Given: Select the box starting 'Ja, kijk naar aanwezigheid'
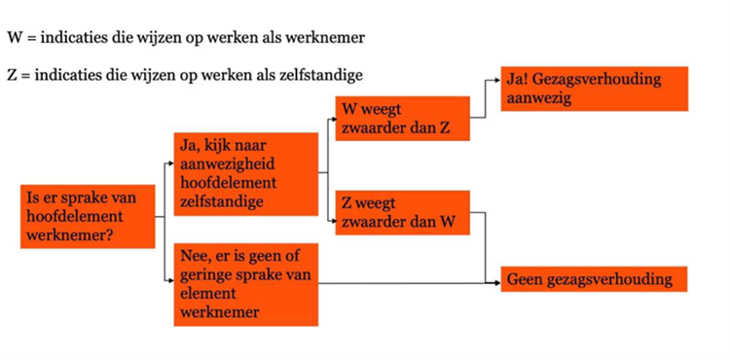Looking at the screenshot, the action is click(245, 174).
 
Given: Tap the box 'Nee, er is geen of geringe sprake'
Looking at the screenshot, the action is click(245, 283).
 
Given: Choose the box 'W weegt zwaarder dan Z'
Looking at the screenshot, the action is click(402, 119).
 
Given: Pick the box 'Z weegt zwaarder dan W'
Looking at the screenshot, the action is click(402, 212).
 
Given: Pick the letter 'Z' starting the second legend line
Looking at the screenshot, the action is click(12, 76).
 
